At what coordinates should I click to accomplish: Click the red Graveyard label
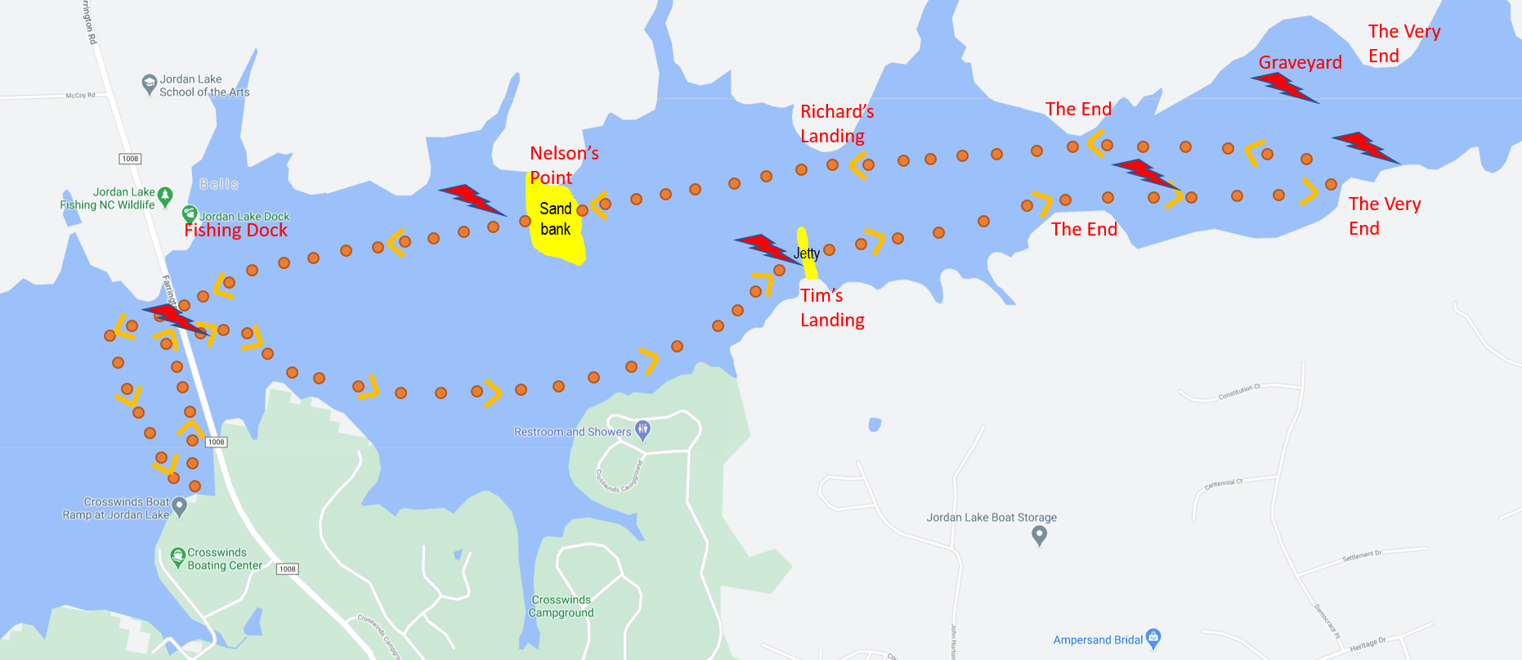click(x=1300, y=63)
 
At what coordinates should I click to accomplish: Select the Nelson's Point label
click(x=564, y=165)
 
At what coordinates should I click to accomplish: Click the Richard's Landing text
click(x=836, y=123)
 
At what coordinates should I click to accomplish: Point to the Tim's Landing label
click(x=831, y=308)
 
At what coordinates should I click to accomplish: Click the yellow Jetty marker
click(x=807, y=253)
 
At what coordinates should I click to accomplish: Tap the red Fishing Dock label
click(x=235, y=231)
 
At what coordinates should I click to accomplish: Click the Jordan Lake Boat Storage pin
click(x=1039, y=536)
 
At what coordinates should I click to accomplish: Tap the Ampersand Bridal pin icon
click(x=1153, y=638)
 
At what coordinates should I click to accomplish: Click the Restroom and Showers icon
click(x=643, y=429)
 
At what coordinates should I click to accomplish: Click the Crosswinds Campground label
click(x=561, y=606)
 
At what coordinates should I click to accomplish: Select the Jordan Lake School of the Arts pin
click(x=150, y=83)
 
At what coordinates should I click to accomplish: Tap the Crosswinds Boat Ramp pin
click(x=180, y=507)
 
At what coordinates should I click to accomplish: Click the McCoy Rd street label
click(x=80, y=96)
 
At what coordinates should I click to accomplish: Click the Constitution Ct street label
click(x=1239, y=392)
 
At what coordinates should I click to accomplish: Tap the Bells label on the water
click(x=219, y=184)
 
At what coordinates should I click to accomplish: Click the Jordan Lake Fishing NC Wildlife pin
click(x=165, y=196)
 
